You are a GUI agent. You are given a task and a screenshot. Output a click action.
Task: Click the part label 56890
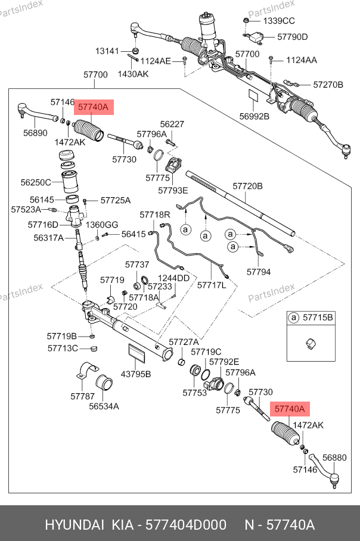coord(35,133)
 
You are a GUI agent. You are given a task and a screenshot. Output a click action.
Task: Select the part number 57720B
coord(247,186)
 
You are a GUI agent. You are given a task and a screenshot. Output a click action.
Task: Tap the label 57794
coord(259,272)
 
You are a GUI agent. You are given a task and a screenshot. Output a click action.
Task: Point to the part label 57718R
coord(154,215)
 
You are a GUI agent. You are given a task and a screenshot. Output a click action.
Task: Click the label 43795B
coord(136,374)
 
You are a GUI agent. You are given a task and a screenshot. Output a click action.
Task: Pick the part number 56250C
coord(36,182)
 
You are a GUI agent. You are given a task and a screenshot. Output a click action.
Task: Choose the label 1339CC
coord(279,21)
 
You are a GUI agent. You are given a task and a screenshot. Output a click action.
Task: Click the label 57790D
coord(292,37)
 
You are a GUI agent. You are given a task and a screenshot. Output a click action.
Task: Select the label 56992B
coord(255,117)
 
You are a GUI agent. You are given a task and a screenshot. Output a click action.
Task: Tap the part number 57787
coord(82,396)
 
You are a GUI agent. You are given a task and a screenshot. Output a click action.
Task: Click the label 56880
coord(334,458)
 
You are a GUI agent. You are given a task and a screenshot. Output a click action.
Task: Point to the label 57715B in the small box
coord(318,318)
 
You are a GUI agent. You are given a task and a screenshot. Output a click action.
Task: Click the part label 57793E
coord(173,191)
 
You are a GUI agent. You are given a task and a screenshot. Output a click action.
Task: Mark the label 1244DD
coord(173,278)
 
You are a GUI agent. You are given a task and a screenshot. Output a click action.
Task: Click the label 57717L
coord(212,285)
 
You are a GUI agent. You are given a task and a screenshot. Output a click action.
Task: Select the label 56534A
coord(104,406)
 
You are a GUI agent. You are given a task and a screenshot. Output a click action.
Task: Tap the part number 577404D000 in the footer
coord(186,525)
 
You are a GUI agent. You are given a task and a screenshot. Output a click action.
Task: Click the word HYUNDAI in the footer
coord(75,525)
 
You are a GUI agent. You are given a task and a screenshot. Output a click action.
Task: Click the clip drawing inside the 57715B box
coord(311,344)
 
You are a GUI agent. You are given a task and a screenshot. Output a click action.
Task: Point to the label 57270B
coord(328,85)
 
